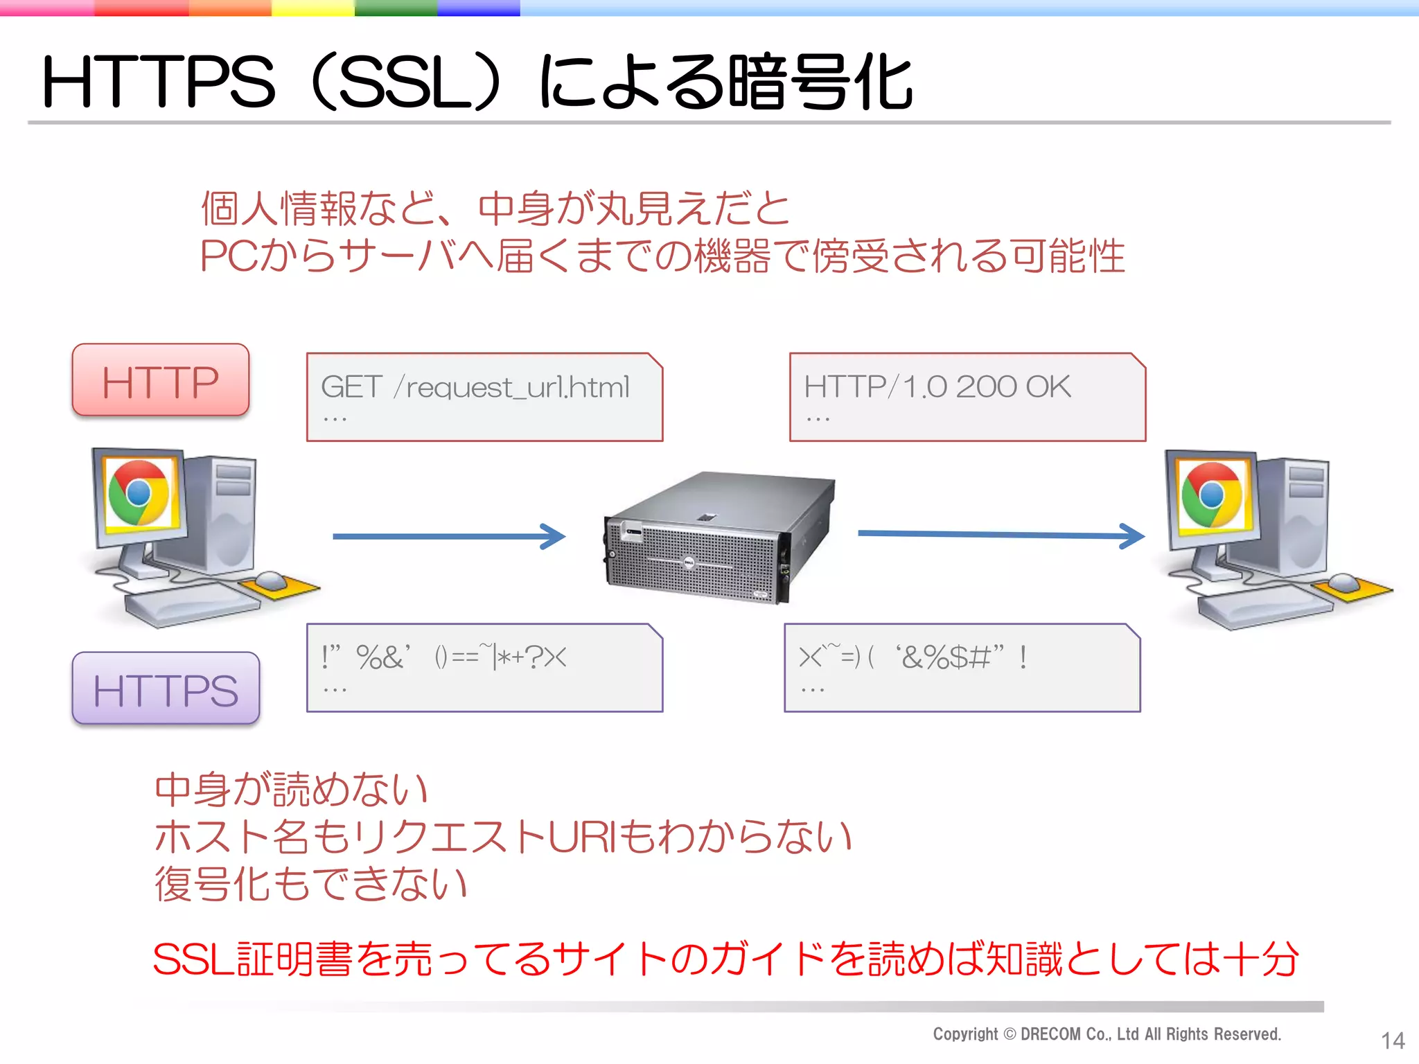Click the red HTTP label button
(x=161, y=380)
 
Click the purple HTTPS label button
(x=166, y=689)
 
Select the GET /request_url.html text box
(x=484, y=397)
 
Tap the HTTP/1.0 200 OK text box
(x=967, y=397)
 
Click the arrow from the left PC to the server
(x=449, y=536)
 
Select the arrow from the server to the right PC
(x=1001, y=535)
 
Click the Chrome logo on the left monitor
(x=139, y=493)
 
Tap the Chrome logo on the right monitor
(x=1211, y=495)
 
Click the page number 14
(x=1392, y=1040)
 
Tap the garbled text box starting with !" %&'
(x=484, y=668)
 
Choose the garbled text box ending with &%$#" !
(x=962, y=668)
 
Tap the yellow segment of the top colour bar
(x=312, y=8)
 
